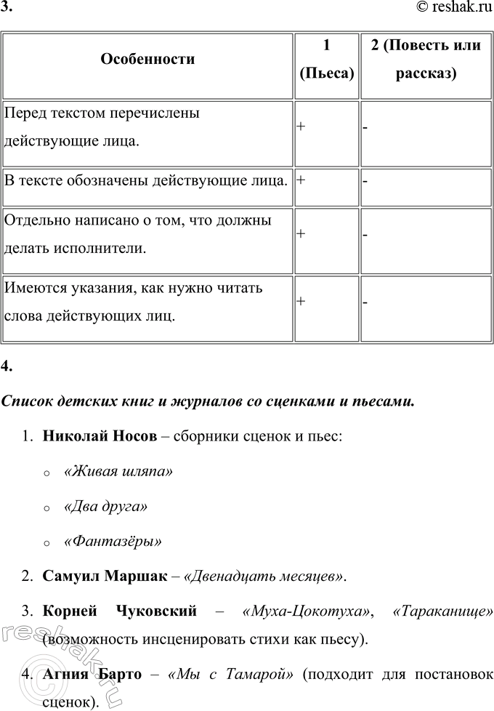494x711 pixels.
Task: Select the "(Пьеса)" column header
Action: (x=326, y=73)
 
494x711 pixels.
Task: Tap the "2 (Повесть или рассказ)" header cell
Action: (x=425, y=59)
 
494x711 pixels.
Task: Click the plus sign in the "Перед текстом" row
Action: (x=301, y=126)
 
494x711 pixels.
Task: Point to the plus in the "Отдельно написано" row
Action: (x=301, y=233)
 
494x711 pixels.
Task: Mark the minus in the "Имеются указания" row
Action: (x=365, y=302)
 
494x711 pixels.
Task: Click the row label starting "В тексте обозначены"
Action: (x=146, y=180)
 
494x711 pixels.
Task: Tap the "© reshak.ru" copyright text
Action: (x=455, y=9)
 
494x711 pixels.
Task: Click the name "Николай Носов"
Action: (x=100, y=436)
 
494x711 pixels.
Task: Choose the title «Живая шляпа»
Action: (x=118, y=471)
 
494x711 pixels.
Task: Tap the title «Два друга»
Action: (x=106, y=506)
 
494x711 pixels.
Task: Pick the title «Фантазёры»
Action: (x=113, y=541)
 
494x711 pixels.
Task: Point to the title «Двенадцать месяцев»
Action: (x=264, y=577)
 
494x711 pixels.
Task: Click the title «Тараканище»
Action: (x=442, y=611)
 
